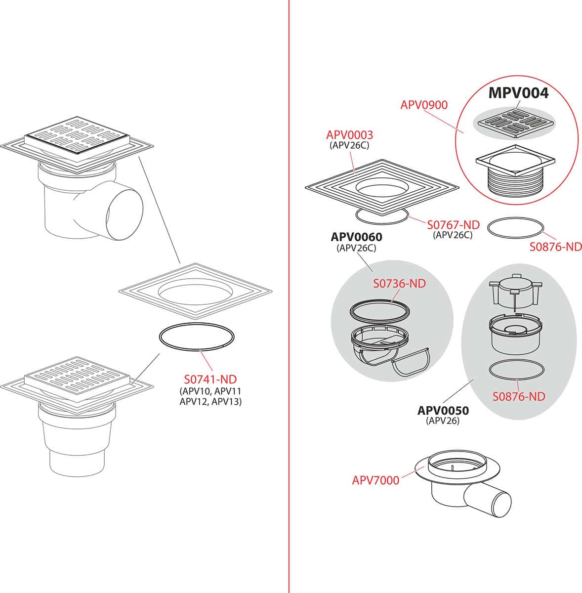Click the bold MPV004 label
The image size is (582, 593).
518,93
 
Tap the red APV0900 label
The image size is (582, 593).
424,105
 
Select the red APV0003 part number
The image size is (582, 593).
350,135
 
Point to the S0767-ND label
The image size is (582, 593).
454,225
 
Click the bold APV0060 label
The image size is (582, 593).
356,237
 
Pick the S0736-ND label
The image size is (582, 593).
400,284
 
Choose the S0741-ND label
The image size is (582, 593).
210,379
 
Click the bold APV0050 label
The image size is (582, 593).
443,410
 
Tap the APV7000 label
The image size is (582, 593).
375,480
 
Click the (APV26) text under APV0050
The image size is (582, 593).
443,421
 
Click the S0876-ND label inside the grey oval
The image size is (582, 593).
519,396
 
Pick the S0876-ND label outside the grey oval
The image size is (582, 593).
555,247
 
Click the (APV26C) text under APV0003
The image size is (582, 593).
349,145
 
